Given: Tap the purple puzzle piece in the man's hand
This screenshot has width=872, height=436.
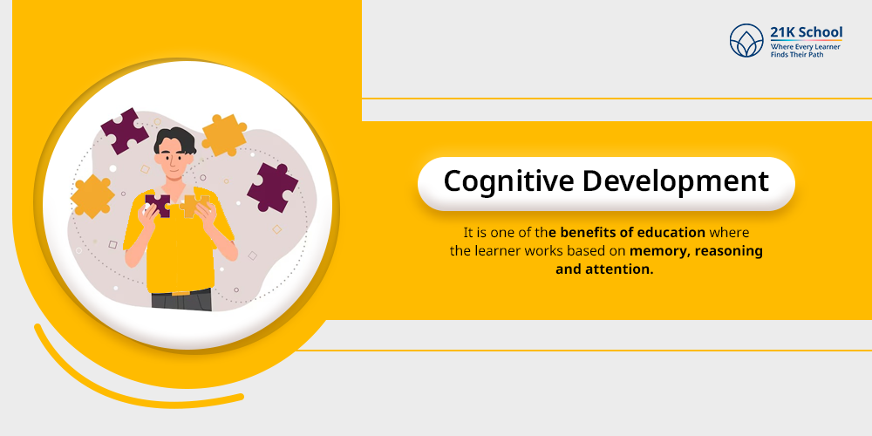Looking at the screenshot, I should point(157,205).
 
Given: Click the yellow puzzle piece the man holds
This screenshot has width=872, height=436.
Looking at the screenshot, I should point(194,206).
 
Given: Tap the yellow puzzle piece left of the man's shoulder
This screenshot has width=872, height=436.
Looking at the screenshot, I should point(92,195).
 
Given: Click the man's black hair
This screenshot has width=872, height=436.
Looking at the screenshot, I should point(175,140).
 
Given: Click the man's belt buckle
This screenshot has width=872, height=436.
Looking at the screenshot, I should point(179,291).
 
